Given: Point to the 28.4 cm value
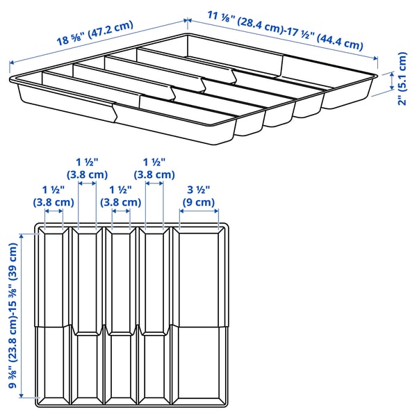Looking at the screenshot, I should (258, 24).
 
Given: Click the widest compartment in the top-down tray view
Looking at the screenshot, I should (200, 313).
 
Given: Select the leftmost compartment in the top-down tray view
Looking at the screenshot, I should (53, 313).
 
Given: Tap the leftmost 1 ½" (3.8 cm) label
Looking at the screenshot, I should (53, 196).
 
